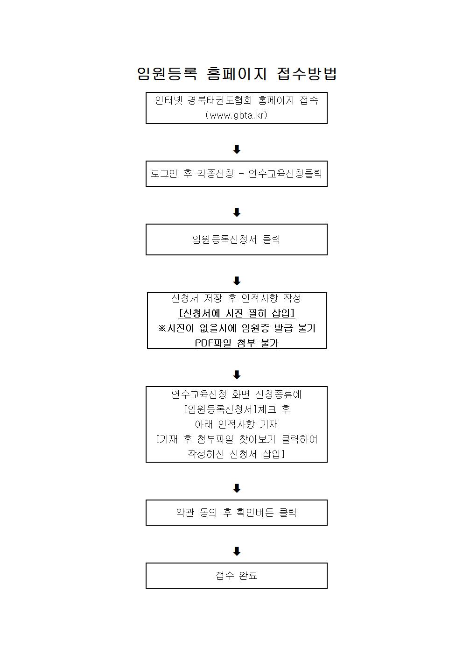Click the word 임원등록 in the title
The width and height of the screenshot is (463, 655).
tap(167, 73)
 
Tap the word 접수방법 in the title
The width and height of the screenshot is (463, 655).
tap(307, 73)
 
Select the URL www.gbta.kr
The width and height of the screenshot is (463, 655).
tap(237, 115)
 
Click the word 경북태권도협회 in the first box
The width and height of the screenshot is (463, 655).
tap(219, 100)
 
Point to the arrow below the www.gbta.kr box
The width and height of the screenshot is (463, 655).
tap(237, 149)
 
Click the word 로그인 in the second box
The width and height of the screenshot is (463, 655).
tap(164, 173)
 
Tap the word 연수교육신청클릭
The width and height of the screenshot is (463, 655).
tap(285, 173)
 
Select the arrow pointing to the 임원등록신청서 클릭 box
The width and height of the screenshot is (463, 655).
tap(237, 212)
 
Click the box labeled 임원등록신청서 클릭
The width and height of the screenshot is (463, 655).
tap(237, 239)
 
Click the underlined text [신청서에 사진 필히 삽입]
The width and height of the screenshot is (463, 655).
tap(237, 313)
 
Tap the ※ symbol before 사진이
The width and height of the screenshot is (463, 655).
tap(162, 328)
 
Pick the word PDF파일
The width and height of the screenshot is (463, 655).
tap(213, 343)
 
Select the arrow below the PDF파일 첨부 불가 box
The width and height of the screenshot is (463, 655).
tap(237, 374)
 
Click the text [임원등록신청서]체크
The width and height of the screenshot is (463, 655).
tap(230, 409)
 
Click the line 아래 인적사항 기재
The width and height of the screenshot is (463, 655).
tap(237, 424)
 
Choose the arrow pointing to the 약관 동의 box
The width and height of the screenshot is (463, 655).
tap(237, 488)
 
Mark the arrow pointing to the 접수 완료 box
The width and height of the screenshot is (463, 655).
tap(237, 551)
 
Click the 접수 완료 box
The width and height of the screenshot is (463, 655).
tap(237, 576)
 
